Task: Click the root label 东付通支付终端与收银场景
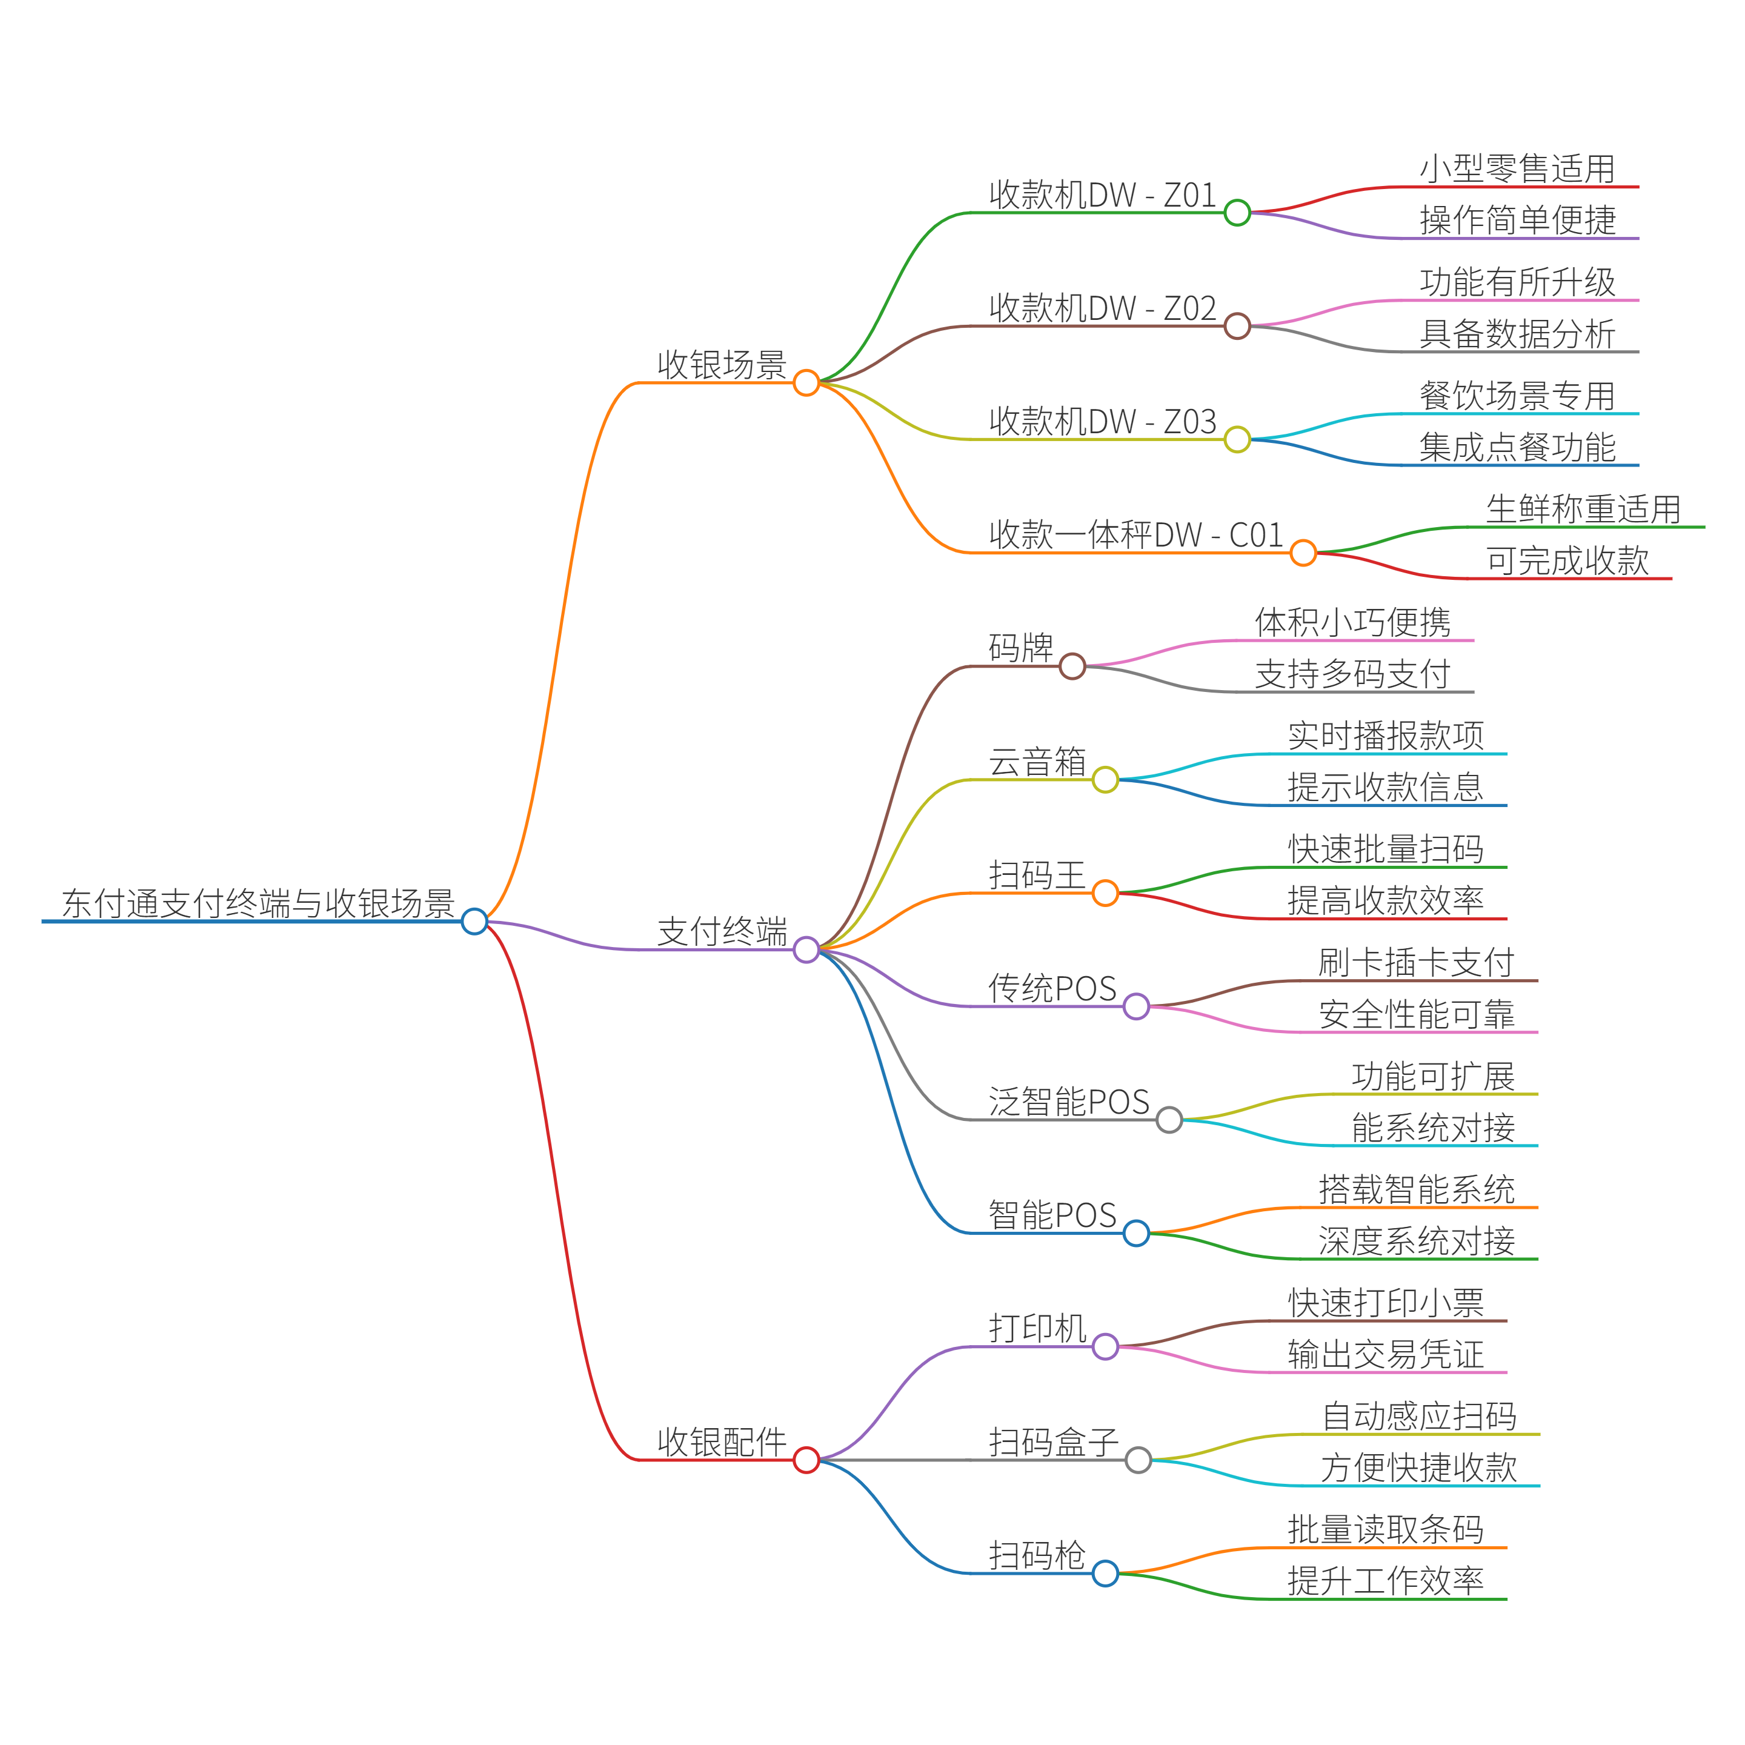click(x=258, y=903)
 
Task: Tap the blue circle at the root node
click(x=474, y=921)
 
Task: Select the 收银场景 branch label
click(x=722, y=365)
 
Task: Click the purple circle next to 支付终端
click(x=806, y=949)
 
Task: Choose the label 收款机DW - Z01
click(x=1103, y=195)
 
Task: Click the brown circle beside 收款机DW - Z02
click(x=1237, y=326)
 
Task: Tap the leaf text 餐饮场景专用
click(x=1517, y=396)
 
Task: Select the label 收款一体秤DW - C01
click(x=1135, y=534)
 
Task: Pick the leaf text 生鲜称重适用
click(x=1583, y=510)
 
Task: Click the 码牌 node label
click(x=1020, y=648)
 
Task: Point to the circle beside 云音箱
click(x=1105, y=779)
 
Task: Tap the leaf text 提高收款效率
click(x=1386, y=900)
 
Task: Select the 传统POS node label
click(x=1052, y=988)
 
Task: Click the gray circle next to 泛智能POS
click(x=1169, y=1120)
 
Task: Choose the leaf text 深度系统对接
click(x=1416, y=1241)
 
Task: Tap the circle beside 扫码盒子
click(x=1138, y=1460)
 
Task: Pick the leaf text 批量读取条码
click(x=1386, y=1530)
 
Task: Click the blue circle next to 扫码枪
click(x=1105, y=1574)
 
